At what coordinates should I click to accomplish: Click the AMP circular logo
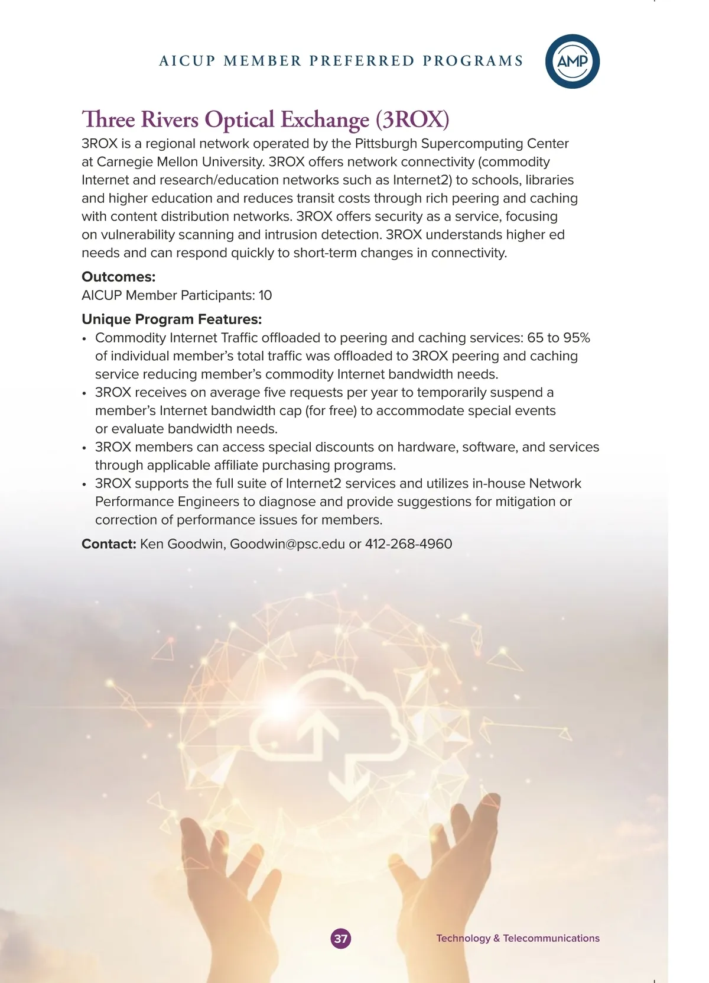[x=572, y=62]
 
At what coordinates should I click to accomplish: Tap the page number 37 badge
[x=341, y=938]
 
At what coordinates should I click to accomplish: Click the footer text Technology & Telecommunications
[x=518, y=938]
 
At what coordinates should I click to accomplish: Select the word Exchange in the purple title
[x=324, y=119]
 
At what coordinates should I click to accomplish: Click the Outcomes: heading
[x=119, y=277]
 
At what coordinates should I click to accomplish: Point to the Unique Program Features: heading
[x=171, y=319]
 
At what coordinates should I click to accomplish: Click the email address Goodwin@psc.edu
[x=287, y=544]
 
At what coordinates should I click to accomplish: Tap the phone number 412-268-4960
[x=408, y=544]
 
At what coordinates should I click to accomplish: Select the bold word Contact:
[x=109, y=544]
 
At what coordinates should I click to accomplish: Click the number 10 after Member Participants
[x=265, y=295]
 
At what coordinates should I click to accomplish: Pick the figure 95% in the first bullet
[x=576, y=338]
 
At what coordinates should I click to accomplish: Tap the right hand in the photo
[x=449, y=875]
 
